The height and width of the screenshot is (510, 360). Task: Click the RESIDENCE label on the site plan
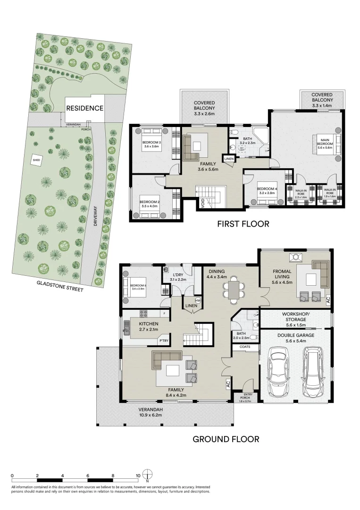(84, 108)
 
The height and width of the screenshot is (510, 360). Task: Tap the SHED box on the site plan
(36, 161)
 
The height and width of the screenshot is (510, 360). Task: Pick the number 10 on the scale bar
(137, 476)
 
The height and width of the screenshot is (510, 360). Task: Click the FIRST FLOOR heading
(243, 224)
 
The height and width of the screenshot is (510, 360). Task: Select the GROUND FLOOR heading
(226, 439)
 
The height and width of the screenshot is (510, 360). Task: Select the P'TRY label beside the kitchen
(164, 340)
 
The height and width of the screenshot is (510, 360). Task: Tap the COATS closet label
(244, 347)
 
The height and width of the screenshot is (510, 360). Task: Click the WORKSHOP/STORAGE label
(295, 316)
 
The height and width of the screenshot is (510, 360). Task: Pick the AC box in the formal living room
(328, 299)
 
